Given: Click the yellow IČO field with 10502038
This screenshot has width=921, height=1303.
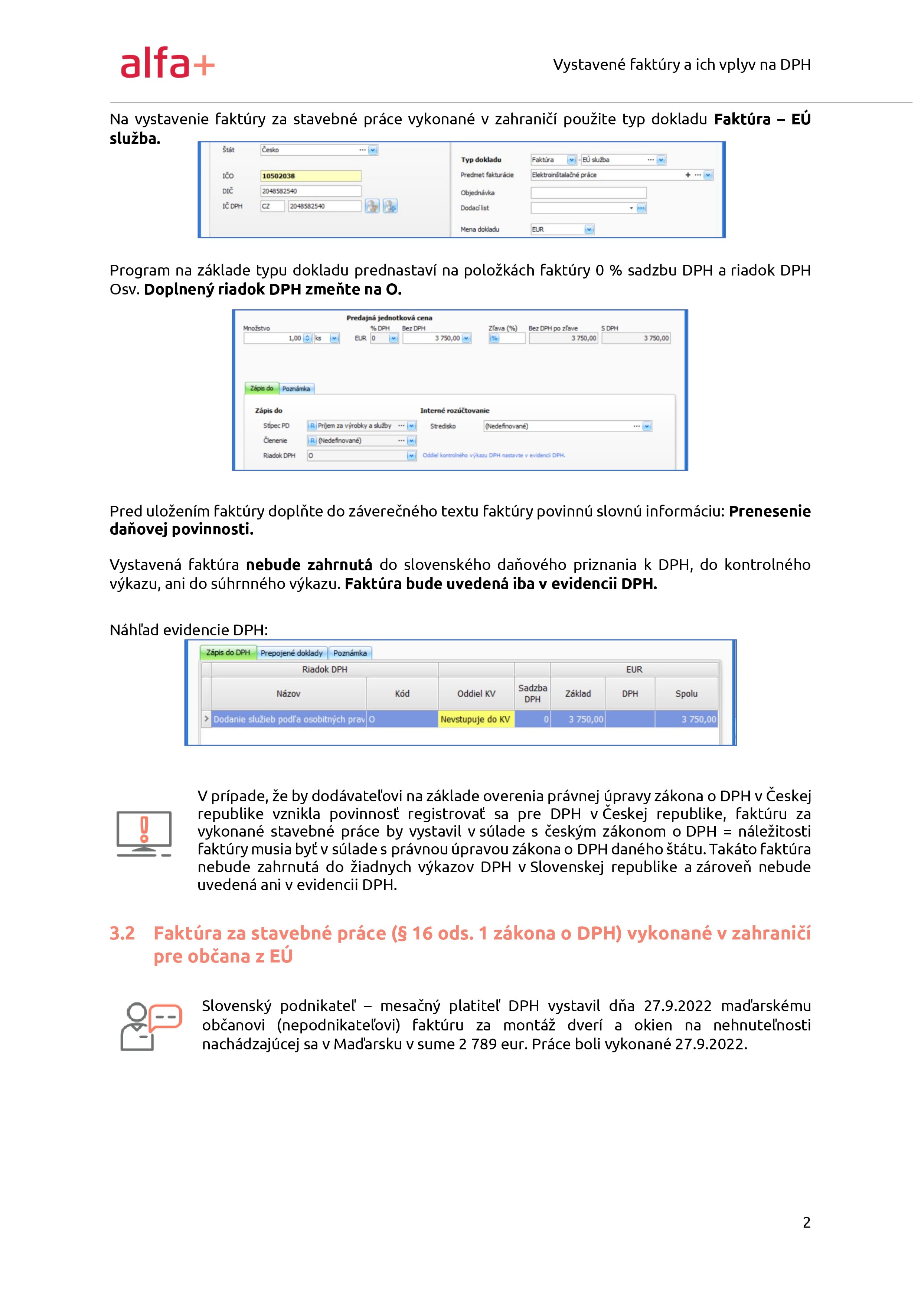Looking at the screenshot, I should point(310,176).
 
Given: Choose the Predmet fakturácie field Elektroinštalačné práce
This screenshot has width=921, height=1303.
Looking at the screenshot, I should point(607,175).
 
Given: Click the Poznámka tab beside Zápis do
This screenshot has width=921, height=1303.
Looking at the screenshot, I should point(296,389).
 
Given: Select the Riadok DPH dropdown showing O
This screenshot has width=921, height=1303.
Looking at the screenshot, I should point(357,456).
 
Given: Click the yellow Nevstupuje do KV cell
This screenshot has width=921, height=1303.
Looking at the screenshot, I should point(476,720).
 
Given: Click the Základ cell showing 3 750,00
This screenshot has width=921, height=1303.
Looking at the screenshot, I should point(578,720).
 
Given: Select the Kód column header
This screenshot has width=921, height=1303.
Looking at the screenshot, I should point(402,694).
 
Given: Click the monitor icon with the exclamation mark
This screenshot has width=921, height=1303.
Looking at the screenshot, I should point(144,833).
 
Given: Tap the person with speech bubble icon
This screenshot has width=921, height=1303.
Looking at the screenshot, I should point(150,1026).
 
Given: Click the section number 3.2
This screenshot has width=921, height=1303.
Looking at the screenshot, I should point(122,934).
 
